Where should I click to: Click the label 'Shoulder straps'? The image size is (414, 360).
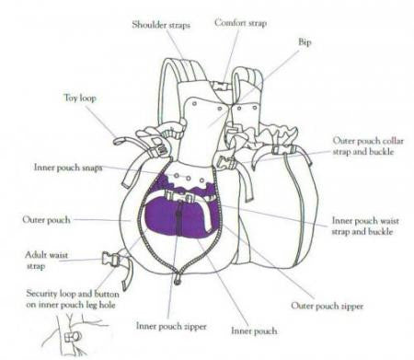(x=161, y=25)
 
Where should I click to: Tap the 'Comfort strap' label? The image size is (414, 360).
(x=240, y=23)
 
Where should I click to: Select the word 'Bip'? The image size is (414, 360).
(x=305, y=42)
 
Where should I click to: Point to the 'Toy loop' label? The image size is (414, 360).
(x=80, y=98)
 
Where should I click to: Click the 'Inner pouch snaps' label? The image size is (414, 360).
(x=68, y=168)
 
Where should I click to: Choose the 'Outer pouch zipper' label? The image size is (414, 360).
(x=327, y=306)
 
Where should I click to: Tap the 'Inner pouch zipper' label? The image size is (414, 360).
(x=171, y=326)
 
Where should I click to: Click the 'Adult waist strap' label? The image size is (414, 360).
(x=46, y=261)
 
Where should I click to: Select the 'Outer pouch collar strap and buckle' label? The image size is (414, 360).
(x=368, y=146)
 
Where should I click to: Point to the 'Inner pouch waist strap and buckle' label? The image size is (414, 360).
(x=365, y=226)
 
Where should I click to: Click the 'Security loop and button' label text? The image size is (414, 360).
(x=73, y=294)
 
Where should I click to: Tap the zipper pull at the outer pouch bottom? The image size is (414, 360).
(x=177, y=280)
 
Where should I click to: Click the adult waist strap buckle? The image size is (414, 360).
(x=109, y=260)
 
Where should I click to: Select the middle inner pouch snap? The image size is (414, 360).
(x=189, y=179)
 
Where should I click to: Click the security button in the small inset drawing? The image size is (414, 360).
(x=73, y=337)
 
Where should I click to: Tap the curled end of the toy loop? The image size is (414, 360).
(x=118, y=142)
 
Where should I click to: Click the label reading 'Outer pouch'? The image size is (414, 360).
(x=46, y=220)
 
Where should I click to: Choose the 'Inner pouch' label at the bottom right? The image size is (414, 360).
(x=254, y=331)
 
